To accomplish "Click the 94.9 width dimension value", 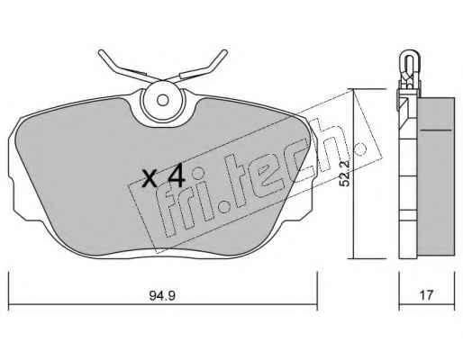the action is pyautogui.click(x=162, y=296).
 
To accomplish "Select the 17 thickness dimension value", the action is pyautogui.click(x=426, y=295).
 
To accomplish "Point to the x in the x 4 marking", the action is pyautogui.click(x=150, y=179).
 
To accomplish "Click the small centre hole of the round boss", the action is pyautogui.click(x=163, y=100).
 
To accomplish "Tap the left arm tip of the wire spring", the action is pyautogui.click(x=101, y=52).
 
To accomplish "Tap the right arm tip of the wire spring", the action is pyautogui.click(x=225, y=52).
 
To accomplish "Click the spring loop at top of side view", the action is pyautogui.click(x=409, y=60).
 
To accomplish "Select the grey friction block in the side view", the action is pyautogui.click(x=436, y=177).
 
